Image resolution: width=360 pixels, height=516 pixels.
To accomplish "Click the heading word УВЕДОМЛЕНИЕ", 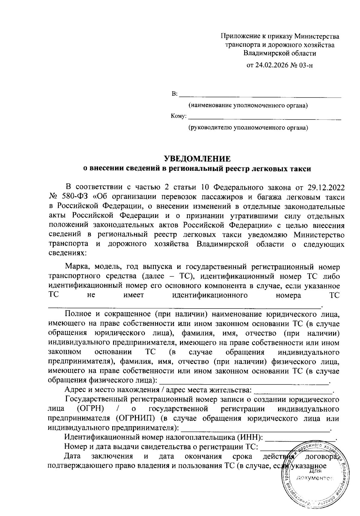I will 197,159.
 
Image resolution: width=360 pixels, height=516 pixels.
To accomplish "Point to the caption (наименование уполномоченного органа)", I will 248,106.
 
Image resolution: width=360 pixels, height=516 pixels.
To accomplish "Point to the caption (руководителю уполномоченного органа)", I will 248,128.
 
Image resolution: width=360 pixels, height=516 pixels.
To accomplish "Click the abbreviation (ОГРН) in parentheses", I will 90,409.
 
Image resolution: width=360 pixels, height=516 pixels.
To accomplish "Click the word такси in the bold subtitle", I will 301,169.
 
